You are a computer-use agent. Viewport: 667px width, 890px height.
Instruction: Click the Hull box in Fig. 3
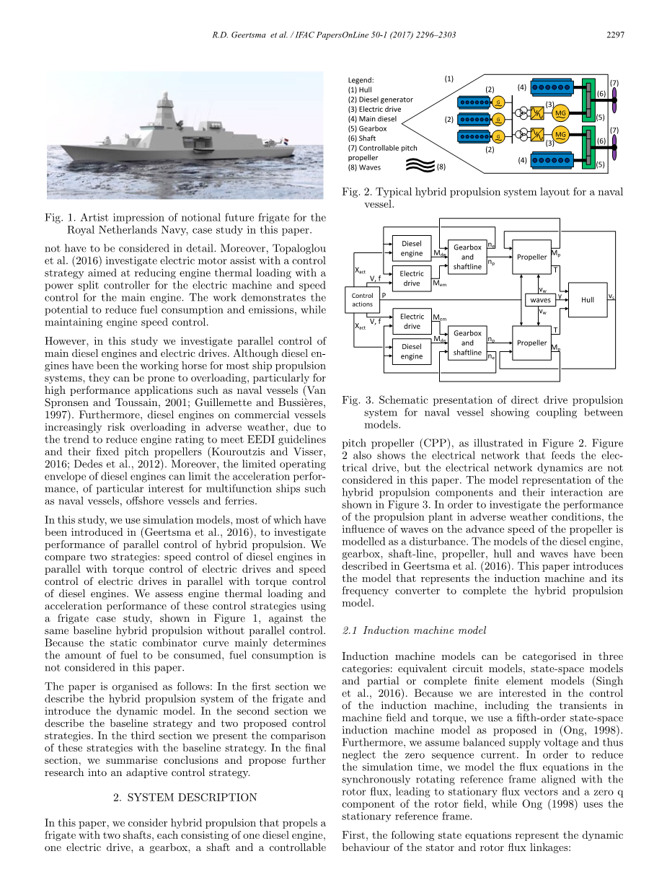point(588,299)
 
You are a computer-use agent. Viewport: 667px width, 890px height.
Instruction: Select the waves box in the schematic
point(540,299)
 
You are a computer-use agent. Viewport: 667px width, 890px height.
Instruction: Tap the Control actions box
point(362,299)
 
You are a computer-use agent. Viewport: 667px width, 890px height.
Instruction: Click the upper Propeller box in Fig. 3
point(532,257)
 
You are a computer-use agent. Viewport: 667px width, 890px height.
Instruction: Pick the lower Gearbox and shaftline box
point(467,343)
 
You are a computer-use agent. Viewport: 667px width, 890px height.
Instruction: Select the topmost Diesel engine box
point(412,248)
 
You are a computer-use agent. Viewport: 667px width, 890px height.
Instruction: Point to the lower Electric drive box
point(412,321)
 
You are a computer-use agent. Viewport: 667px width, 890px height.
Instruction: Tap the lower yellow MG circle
point(561,134)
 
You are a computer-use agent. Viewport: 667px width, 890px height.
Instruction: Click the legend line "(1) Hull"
point(361,89)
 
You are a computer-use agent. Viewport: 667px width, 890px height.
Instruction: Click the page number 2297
point(614,35)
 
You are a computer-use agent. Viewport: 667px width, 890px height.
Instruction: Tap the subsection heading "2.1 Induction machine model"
point(415,630)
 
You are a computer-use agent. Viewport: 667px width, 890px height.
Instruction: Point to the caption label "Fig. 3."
point(356,400)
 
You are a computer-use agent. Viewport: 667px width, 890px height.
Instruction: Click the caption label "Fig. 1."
point(60,217)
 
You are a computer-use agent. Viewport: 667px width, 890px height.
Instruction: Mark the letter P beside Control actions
point(383,295)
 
